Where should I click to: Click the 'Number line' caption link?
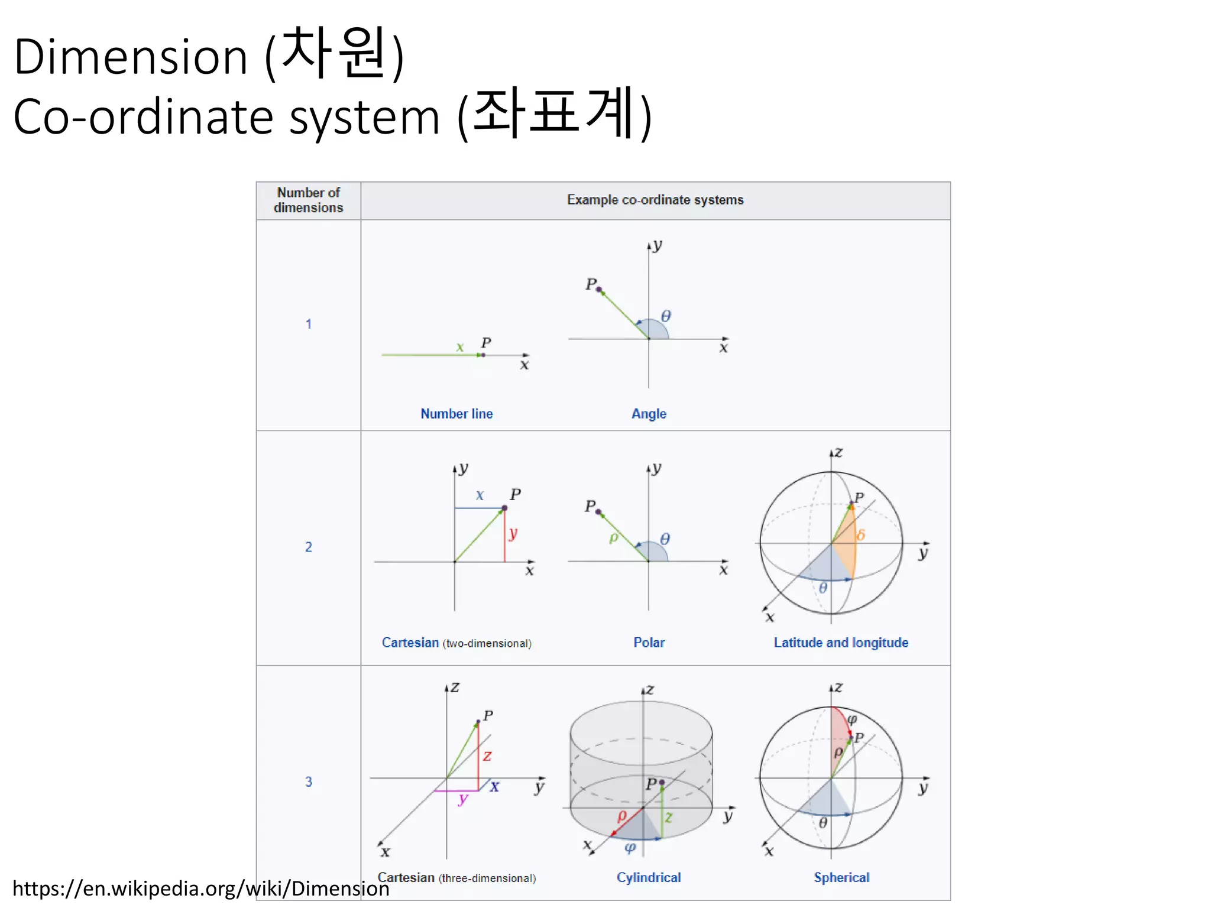(456, 414)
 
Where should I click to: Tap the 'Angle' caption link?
(649, 414)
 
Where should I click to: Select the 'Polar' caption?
(649, 643)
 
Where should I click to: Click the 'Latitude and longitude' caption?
(841, 643)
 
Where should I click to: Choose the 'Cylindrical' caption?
(649, 877)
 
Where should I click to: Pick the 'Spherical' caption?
(841, 877)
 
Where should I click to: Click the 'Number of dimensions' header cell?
(308, 200)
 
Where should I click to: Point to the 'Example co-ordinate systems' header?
(655, 200)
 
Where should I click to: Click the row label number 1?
(308, 324)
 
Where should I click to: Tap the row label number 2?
(308, 547)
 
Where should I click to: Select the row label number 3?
(308, 781)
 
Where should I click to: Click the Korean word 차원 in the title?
(334, 53)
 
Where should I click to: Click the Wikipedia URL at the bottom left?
(200, 888)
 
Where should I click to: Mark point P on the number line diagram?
(483, 355)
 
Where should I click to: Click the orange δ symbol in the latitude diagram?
(861, 535)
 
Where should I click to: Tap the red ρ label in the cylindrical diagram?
(621, 816)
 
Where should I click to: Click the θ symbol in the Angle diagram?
(666, 316)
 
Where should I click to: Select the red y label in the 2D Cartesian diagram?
(513, 533)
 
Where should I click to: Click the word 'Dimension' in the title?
(130, 57)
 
